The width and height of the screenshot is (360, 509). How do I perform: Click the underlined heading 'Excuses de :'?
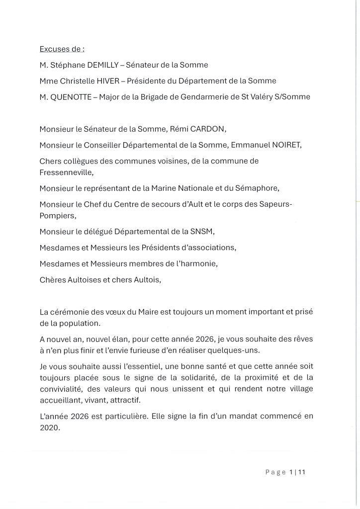62,49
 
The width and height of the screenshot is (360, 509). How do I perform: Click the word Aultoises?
85,280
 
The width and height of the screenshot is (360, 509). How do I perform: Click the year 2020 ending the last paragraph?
49,426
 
